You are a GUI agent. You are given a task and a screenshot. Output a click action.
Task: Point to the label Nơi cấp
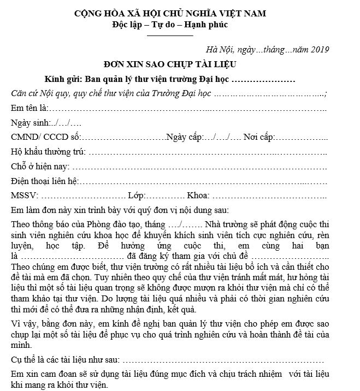[257, 137]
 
